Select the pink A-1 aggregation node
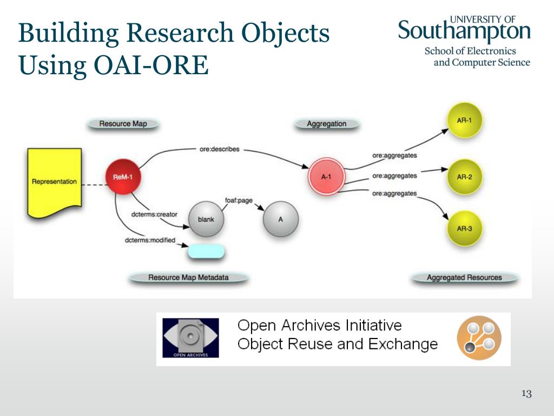326,177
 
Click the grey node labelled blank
206,219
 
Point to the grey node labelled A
280,219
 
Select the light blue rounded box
206,251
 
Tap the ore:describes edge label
219,149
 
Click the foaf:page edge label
239,200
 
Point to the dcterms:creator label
154,214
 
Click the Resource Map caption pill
123,123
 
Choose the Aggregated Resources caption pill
464,277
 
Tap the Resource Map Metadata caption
188,277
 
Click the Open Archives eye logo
190,338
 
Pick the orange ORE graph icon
479,338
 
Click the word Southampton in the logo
464,31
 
